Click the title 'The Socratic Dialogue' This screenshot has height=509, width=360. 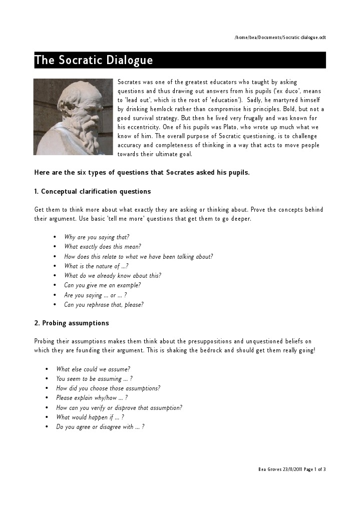[94, 61]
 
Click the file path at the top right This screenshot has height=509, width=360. [280, 38]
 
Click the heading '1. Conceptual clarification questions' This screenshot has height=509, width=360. [92, 192]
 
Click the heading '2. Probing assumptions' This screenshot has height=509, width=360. [71, 323]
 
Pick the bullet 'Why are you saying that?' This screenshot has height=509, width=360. [97, 237]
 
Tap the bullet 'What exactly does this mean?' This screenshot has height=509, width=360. [102, 247]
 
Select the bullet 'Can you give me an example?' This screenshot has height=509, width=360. [102, 285]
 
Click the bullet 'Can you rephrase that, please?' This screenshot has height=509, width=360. [104, 305]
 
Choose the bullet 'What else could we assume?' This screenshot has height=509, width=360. [93, 369]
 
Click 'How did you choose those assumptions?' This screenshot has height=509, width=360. [108, 388]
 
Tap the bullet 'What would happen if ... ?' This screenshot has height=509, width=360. [90, 417]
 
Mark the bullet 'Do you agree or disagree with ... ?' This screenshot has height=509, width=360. [100, 427]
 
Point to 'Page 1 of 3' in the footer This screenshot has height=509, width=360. [314, 469]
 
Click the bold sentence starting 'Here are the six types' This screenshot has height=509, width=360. [142, 173]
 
